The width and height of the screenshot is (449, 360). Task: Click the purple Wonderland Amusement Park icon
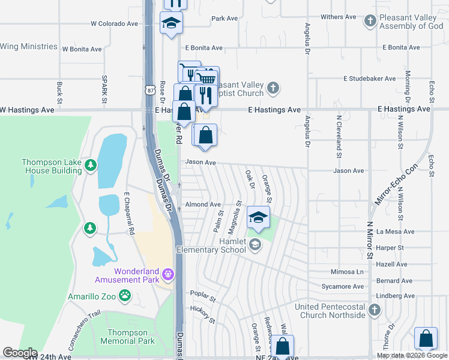169,275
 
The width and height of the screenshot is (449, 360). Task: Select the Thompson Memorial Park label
127,337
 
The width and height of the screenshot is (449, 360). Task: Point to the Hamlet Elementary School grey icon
255,244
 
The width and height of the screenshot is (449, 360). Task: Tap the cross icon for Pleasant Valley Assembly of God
370,21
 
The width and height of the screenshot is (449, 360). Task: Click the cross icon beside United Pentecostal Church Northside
375,310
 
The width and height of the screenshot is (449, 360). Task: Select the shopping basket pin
208,79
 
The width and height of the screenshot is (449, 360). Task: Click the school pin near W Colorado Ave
171,23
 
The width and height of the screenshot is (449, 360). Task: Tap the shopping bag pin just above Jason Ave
205,134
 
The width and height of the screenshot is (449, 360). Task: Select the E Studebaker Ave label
369,79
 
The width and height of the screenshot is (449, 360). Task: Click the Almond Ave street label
203,205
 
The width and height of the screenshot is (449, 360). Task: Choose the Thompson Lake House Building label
52,166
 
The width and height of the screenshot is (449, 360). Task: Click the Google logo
19,353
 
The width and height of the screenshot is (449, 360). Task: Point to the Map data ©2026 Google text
412,355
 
